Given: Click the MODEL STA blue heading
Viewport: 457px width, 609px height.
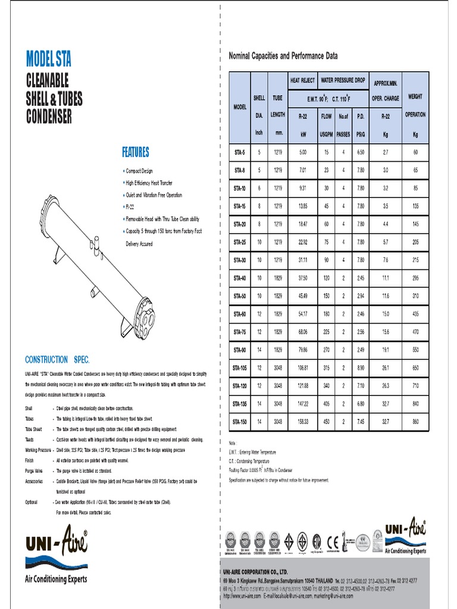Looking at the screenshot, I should click(x=49, y=59).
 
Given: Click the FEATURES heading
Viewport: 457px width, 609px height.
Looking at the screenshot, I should click(x=136, y=152).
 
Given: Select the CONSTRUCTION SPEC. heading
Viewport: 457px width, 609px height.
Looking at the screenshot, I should click(x=57, y=360).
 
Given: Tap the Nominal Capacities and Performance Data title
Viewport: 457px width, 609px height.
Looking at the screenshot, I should click(x=283, y=56).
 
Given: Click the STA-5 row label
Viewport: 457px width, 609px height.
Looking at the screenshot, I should click(x=239, y=152).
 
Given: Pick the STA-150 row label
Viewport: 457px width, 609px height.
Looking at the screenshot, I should click(x=239, y=422).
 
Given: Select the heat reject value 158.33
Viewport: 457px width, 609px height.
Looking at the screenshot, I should click(x=302, y=422).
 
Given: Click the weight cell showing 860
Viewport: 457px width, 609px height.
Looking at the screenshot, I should click(x=415, y=422).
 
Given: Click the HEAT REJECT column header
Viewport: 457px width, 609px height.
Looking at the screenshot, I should click(x=302, y=80).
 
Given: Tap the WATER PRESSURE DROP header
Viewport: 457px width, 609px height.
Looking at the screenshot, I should click(x=343, y=80).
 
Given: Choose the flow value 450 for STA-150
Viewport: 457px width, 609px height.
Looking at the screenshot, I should click(x=326, y=422).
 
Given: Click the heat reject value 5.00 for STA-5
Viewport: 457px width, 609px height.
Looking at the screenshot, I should click(x=302, y=152).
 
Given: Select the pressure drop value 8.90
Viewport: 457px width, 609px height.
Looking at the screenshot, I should click(x=360, y=368).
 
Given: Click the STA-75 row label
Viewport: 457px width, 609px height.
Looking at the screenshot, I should click(x=239, y=332).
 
